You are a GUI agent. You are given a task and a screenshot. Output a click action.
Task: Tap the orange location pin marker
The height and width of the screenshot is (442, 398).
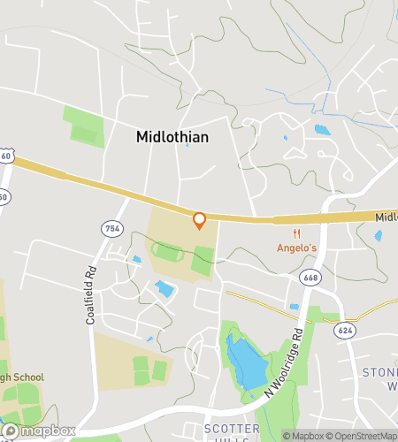point(199,220)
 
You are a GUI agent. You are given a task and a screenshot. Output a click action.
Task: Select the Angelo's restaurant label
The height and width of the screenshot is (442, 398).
point(296,248)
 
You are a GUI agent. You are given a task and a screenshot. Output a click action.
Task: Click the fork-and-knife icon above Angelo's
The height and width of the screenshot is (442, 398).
point(296,234)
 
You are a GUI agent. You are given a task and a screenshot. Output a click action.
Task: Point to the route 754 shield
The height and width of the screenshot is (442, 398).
point(112,229)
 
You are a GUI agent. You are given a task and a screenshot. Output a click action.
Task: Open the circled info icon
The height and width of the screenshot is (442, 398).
point(287,435)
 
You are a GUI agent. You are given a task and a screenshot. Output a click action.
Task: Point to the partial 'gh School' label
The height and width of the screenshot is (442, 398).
point(21,377)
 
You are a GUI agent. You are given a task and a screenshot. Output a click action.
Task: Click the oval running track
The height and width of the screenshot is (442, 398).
point(168,253)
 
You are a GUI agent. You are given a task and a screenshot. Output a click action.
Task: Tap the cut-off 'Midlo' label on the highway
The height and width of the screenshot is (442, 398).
point(386,217)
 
